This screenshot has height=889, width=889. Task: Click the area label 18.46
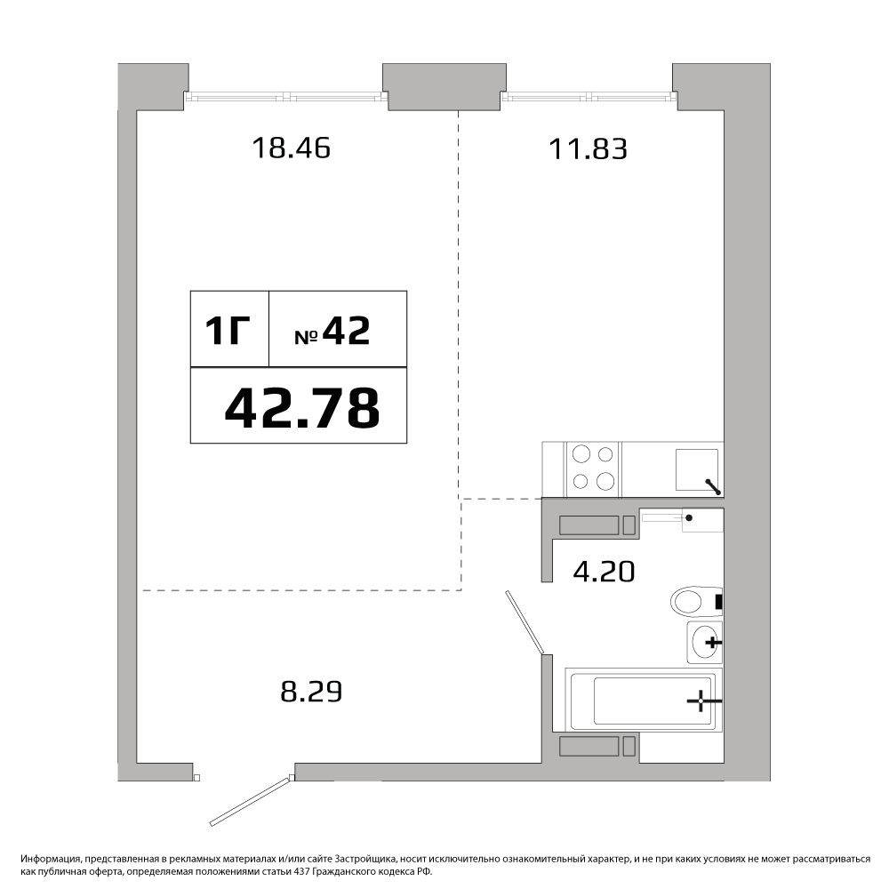(291, 148)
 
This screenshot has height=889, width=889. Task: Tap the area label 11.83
(588, 149)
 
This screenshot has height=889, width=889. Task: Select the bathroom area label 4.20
(604, 572)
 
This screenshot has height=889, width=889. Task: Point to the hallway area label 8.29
(311, 692)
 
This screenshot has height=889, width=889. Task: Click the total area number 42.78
(302, 408)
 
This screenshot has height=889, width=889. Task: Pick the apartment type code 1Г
(228, 331)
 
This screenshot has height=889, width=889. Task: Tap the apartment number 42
(346, 331)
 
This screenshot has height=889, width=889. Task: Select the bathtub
(644, 701)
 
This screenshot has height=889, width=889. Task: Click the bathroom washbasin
(705, 643)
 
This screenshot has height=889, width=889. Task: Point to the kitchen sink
(697, 470)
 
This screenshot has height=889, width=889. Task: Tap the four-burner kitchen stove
(593, 469)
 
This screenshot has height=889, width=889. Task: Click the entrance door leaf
(252, 801)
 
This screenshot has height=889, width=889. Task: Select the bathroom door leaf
(525, 622)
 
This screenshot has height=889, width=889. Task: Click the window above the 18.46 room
(286, 97)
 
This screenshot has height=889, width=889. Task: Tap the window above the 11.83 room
(589, 97)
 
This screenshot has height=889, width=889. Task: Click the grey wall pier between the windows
(444, 87)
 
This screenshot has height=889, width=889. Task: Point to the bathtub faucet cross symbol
(701, 701)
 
